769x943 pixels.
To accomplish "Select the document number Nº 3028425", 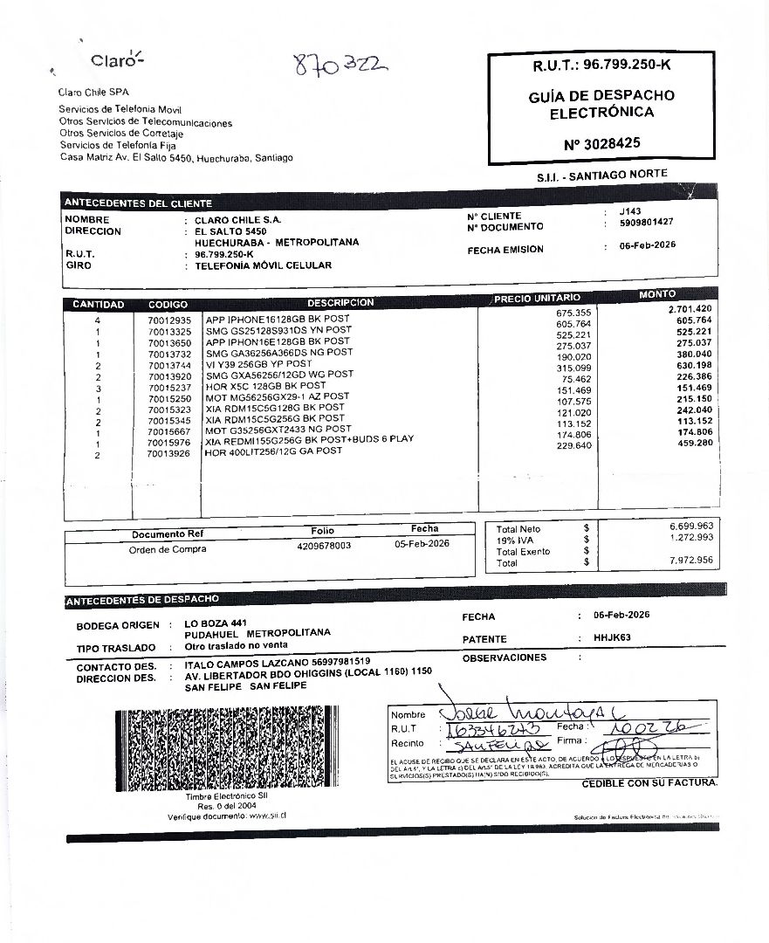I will tap(601, 142).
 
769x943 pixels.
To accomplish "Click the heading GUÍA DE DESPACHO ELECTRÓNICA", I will tap(601, 104).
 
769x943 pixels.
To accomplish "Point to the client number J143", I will tap(629, 211).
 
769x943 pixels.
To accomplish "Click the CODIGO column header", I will tap(168, 305).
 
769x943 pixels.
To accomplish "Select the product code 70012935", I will tap(168, 320).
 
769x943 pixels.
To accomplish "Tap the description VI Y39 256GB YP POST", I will tap(258, 363).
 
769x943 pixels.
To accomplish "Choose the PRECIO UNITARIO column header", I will tap(537, 299).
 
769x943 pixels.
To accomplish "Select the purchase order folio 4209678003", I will tap(324, 546).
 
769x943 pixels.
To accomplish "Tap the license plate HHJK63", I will tap(612, 637).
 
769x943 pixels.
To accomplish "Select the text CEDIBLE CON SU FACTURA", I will tap(649, 783).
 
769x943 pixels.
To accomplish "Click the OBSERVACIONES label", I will tap(505, 657).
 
